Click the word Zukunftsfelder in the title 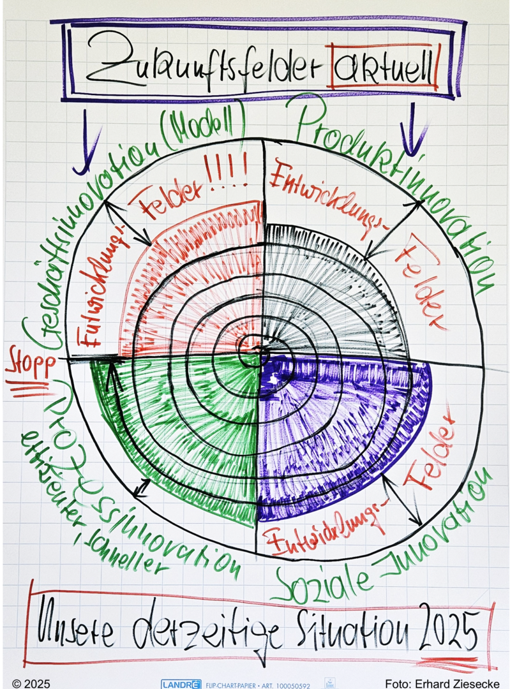[x=204, y=66]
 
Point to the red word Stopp [x=24, y=366]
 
